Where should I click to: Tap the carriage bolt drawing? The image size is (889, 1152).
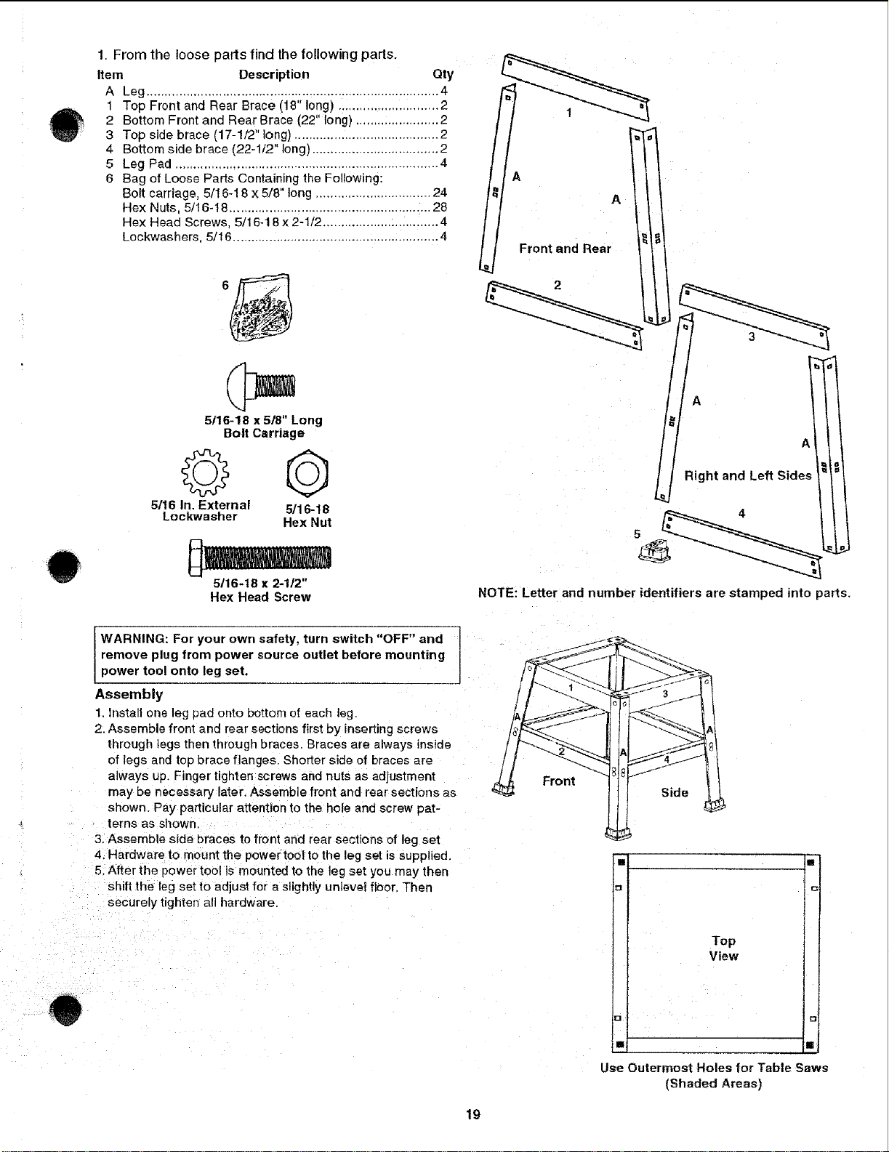tap(260, 387)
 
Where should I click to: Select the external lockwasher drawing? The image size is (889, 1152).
tap(205, 472)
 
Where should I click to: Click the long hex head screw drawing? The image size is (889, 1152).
tap(260, 557)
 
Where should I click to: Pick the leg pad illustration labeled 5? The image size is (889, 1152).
tap(654, 551)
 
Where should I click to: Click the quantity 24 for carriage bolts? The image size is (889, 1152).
tap(440, 193)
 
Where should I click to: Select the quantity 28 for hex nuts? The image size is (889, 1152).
tap(440, 207)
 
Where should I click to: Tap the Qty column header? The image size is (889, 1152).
tap(443, 74)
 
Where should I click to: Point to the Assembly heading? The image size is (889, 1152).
tap(129, 695)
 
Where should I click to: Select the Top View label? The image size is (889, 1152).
tap(723, 948)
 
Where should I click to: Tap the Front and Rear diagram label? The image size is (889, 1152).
tap(565, 249)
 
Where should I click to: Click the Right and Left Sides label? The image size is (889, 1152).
tap(748, 475)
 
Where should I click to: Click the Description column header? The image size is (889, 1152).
tap(273, 74)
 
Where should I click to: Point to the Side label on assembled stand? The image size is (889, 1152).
tap(675, 792)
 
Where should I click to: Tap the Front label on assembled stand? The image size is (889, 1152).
tap(559, 781)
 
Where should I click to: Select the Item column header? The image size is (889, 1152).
tap(110, 75)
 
